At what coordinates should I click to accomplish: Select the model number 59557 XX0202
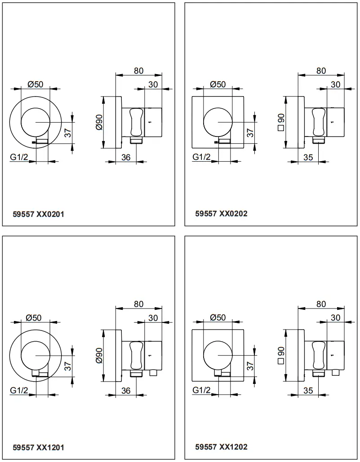[221, 214]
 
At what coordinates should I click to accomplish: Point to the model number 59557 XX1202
[221, 447]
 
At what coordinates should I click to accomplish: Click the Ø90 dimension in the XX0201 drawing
[99, 122]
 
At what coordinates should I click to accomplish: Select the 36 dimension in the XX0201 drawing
[126, 157]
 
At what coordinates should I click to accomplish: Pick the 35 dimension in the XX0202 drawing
[308, 157]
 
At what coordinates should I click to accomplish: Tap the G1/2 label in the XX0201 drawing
[19, 157]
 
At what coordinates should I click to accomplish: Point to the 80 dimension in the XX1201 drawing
[138, 304]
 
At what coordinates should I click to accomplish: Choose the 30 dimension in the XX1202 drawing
[335, 317]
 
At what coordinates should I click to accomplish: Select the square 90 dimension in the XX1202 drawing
[281, 355]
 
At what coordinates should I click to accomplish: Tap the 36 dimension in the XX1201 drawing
[126, 391]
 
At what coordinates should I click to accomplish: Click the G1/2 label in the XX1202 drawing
[201, 390]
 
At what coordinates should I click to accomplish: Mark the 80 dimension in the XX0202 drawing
[321, 71]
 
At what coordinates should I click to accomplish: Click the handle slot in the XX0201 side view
[136, 122]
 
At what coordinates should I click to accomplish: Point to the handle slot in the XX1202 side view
[318, 355]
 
